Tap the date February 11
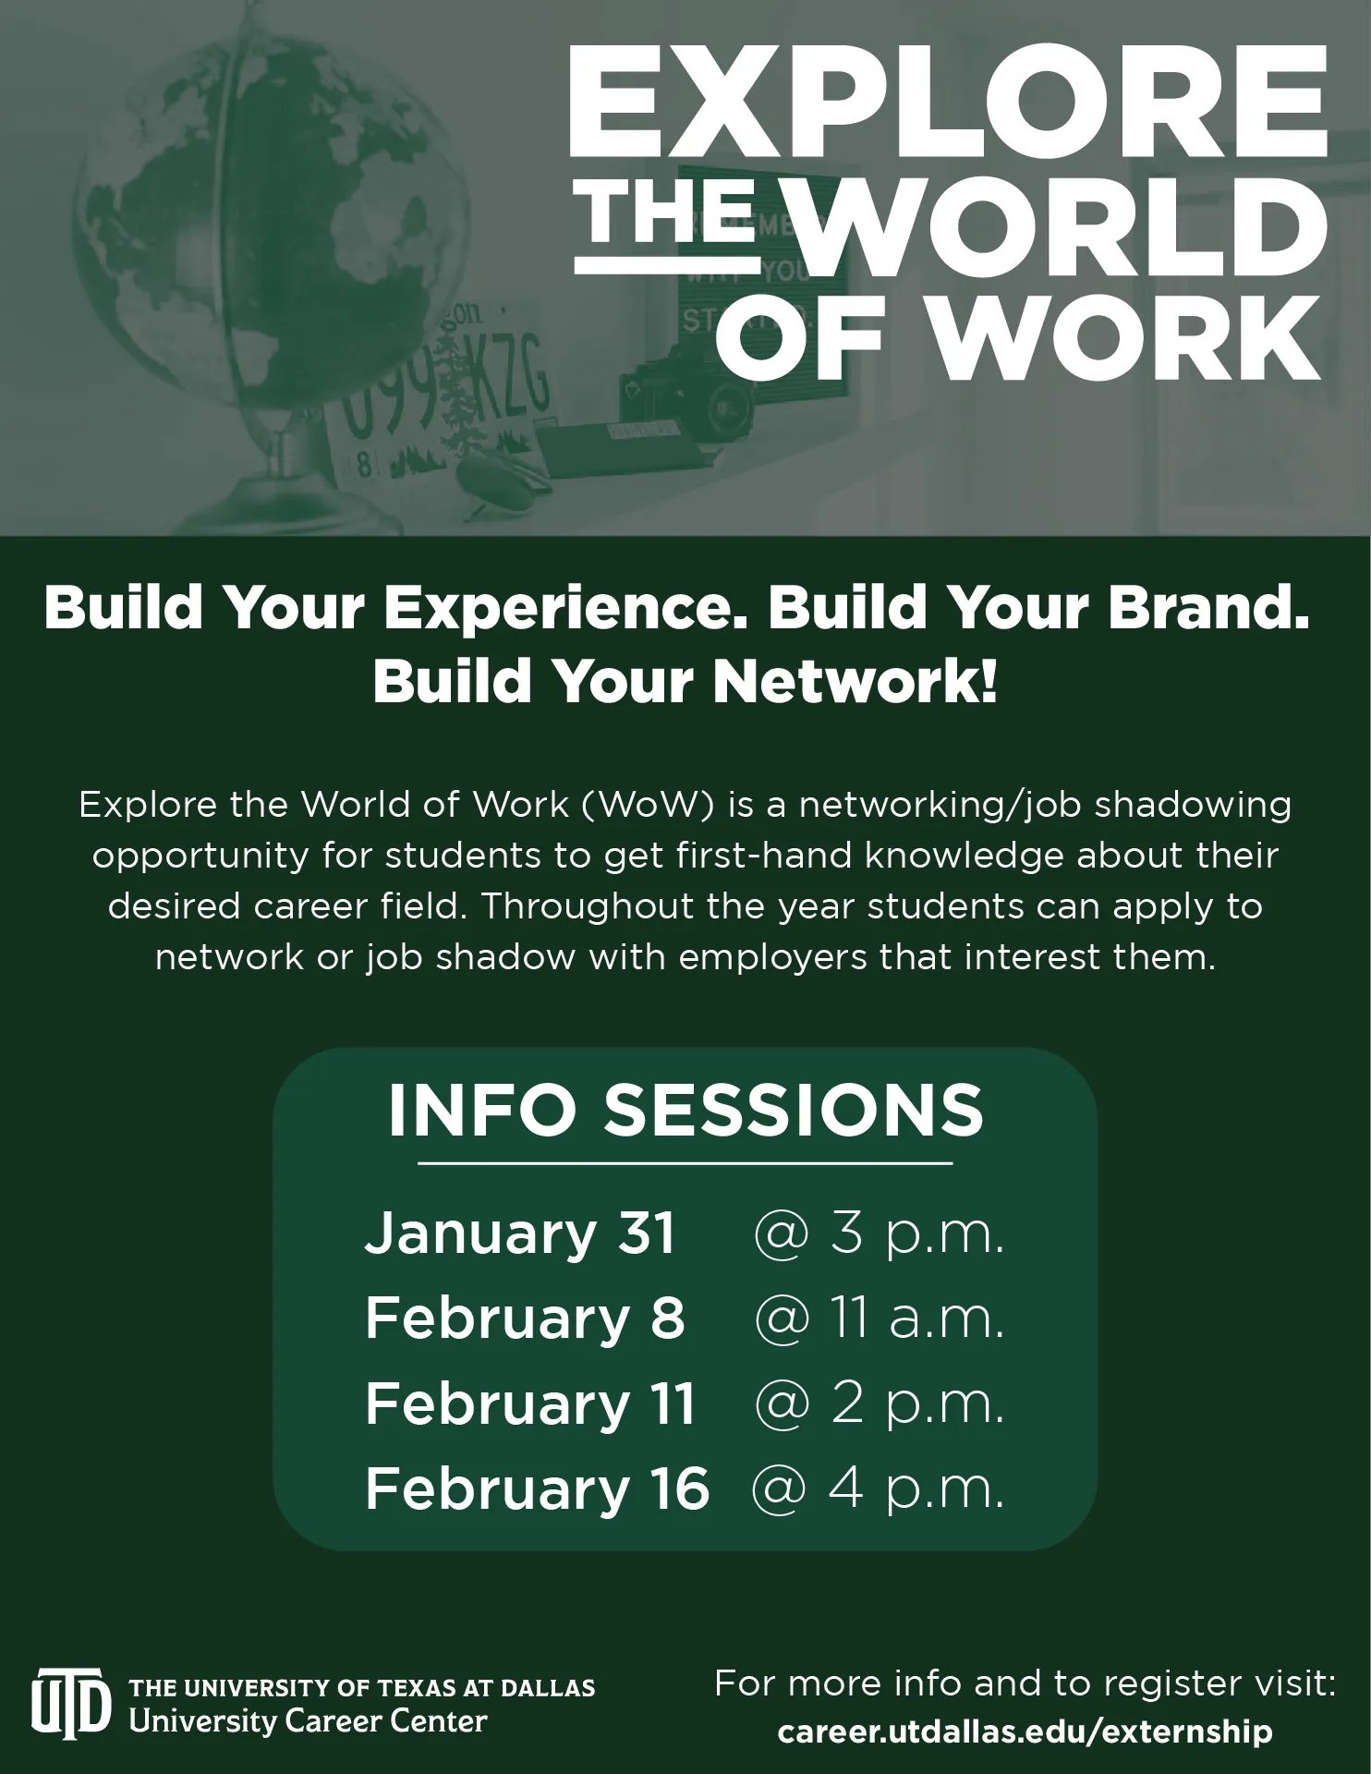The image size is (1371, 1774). pos(529,1403)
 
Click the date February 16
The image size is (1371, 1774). pos(537,1488)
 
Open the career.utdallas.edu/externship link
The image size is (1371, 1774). pos(1025,1731)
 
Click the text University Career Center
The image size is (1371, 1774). pos(308,1721)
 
